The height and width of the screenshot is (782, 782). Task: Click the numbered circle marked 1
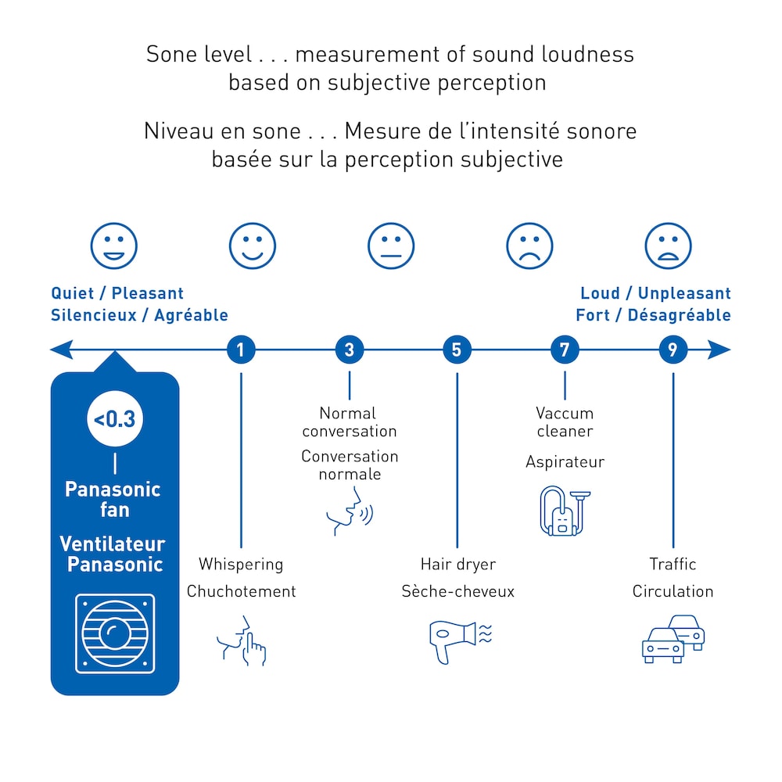(x=241, y=350)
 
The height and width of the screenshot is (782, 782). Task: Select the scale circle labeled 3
(x=350, y=350)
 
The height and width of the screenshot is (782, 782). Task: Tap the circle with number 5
(x=457, y=350)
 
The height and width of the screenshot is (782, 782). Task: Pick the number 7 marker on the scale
(x=565, y=350)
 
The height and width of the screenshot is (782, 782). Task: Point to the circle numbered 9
(x=673, y=350)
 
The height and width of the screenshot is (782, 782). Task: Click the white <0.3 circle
(x=115, y=419)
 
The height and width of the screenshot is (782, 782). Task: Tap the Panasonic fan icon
(x=115, y=633)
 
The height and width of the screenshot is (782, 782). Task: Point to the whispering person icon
(x=242, y=640)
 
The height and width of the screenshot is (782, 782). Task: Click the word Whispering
(x=241, y=564)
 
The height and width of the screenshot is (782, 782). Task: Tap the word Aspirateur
(x=565, y=462)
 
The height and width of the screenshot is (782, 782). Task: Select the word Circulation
(x=673, y=591)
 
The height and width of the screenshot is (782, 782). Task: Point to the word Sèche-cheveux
(x=458, y=591)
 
